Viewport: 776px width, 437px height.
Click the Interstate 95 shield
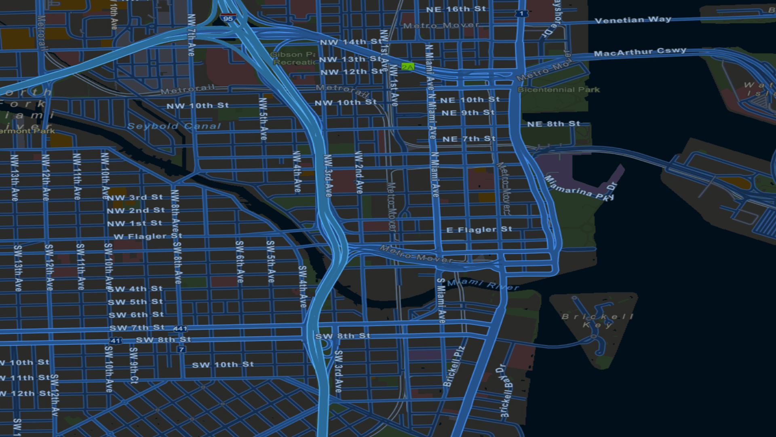[x=228, y=18]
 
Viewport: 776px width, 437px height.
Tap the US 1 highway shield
[x=521, y=13]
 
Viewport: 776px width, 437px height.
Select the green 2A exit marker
[x=407, y=67]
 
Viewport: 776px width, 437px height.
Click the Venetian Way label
[x=633, y=20]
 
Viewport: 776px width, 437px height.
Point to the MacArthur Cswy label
[x=640, y=52]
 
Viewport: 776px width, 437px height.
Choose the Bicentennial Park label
[x=559, y=89]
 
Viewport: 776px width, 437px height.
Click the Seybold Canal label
[x=174, y=126]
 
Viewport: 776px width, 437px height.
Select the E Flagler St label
[x=479, y=229]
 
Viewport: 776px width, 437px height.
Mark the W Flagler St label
[x=148, y=236]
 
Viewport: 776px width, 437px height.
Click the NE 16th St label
[x=455, y=9]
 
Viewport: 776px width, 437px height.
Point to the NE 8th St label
[x=553, y=124]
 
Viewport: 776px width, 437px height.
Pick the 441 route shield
[x=180, y=329]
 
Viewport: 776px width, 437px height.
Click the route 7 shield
[x=181, y=349]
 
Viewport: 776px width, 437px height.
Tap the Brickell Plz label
[x=454, y=366]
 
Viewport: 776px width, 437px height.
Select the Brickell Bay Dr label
[x=505, y=391]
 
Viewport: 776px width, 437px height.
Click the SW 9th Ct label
[x=134, y=365]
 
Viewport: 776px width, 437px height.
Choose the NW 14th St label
[x=350, y=42]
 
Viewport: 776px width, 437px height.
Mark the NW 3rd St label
[x=135, y=197]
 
